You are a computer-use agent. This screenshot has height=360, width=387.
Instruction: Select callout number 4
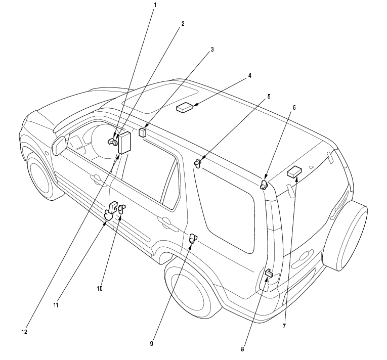click(249, 76)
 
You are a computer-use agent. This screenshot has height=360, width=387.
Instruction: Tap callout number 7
click(284, 327)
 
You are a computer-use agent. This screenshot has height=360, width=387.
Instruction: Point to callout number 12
click(23, 332)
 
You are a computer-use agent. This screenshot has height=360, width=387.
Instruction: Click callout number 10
click(100, 288)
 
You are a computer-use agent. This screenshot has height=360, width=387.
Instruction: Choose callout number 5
click(269, 96)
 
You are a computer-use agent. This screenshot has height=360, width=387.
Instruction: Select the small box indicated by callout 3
click(143, 133)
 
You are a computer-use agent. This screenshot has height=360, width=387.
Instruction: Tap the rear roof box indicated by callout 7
click(294, 172)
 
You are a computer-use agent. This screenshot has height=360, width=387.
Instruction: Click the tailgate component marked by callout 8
click(269, 274)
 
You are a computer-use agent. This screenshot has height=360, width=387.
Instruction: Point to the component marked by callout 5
click(198, 163)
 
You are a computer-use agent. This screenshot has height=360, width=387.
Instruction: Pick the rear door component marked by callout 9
click(193, 239)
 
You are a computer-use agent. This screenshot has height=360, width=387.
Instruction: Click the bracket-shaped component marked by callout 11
click(111, 211)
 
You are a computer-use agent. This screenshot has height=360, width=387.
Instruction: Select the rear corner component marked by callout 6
click(264, 185)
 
